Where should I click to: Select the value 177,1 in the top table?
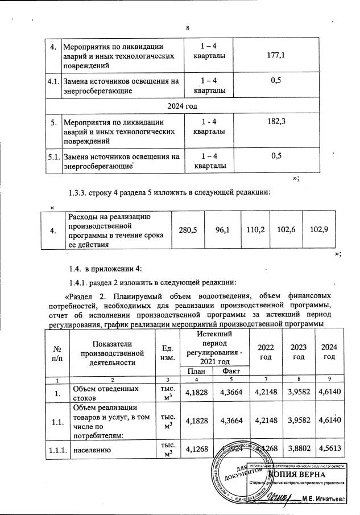coord(275,55)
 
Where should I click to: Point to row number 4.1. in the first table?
coord(53,82)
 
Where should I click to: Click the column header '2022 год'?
coord(265,352)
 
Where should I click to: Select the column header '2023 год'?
coord(297,352)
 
